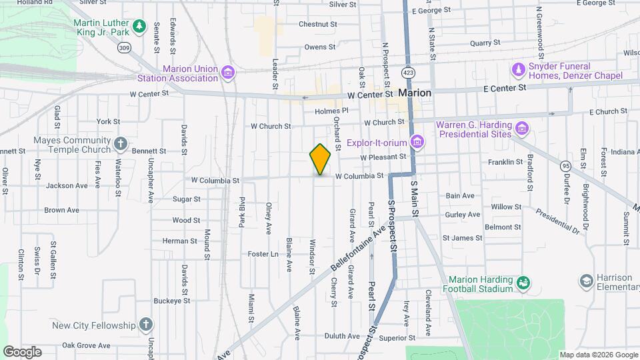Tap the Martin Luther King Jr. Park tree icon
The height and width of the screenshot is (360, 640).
pyautogui.click(x=139, y=26)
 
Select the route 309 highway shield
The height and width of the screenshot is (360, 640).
pyautogui.click(x=124, y=47)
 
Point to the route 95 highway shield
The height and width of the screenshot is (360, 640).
pyautogui.click(x=565, y=165)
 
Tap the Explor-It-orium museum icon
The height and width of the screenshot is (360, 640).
pyautogui.click(x=417, y=141)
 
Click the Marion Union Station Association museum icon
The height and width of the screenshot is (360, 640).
pyautogui.click(x=228, y=72)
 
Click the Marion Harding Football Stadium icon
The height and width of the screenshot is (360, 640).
pyautogui.click(x=523, y=284)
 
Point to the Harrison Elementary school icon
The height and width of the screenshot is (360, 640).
pyautogui.click(x=587, y=282)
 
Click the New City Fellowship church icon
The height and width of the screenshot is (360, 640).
pyautogui.click(x=147, y=325)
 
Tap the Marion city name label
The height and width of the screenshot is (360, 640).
pyautogui.click(x=415, y=93)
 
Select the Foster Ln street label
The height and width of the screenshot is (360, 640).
pyautogui.click(x=263, y=254)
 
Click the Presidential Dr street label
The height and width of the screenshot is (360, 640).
pyautogui.click(x=558, y=223)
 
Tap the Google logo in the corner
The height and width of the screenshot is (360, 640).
pyautogui.click(x=22, y=352)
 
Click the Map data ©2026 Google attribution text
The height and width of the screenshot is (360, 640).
pyautogui.click(x=598, y=355)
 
